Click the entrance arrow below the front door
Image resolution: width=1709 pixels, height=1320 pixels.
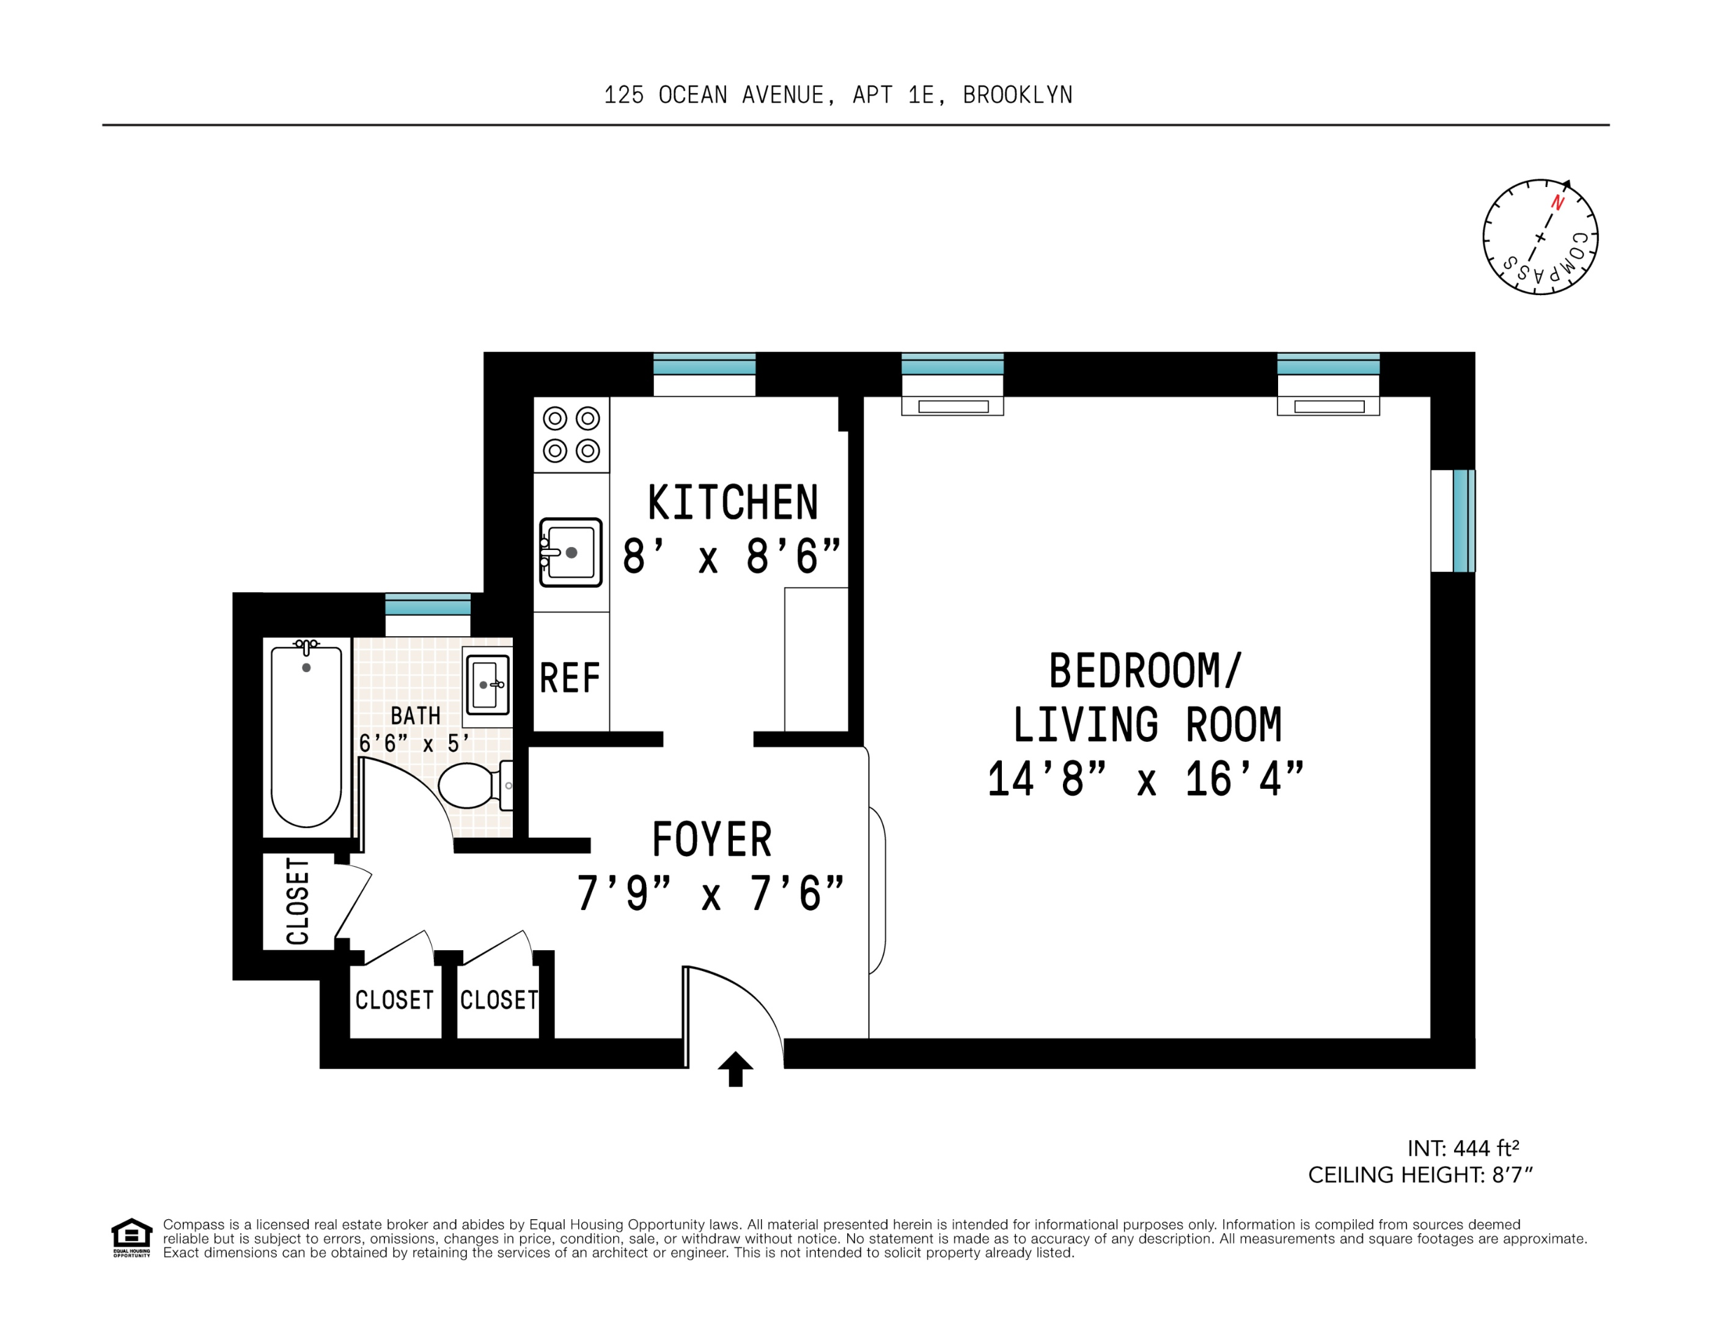[x=735, y=1069]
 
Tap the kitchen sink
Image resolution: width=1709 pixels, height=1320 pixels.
[x=570, y=552]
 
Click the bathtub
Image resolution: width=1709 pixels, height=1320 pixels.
[x=306, y=733]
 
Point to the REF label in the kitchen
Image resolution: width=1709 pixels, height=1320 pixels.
[x=570, y=678]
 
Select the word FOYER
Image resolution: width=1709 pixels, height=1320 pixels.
[x=712, y=840]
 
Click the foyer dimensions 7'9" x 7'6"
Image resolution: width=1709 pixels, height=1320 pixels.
[x=710, y=893]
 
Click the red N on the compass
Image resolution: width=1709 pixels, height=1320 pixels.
[x=1557, y=203]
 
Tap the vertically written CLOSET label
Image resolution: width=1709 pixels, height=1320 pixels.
[x=298, y=901]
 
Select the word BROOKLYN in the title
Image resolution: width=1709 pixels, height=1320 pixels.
[x=1017, y=95]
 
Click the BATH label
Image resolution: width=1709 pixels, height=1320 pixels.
[x=416, y=715]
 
